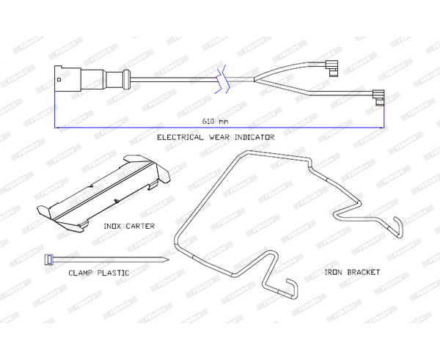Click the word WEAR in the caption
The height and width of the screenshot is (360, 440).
(216, 137)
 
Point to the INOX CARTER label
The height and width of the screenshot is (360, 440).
(129, 227)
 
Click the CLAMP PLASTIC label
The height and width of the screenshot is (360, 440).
(99, 273)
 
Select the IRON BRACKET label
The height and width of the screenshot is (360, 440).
(352, 272)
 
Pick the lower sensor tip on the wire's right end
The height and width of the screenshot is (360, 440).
(379, 95)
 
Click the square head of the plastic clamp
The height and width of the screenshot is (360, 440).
(49, 258)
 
